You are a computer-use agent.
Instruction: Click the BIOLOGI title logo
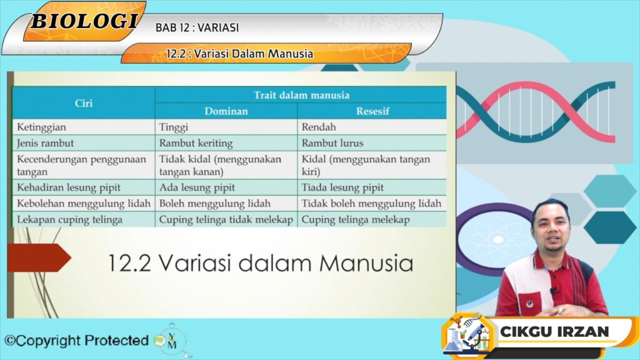[x=84, y=21]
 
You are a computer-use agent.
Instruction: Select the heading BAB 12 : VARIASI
[x=197, y=27]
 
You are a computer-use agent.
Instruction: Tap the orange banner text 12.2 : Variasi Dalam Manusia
[x=239, y=54]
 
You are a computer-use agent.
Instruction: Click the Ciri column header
[x=84, y=103]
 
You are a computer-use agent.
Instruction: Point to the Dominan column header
[x=226, y=111]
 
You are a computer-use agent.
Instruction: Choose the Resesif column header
[x=372, y=111]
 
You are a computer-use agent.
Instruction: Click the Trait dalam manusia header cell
[x=301, y=95]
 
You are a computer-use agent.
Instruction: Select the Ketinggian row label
[x=41, y=127]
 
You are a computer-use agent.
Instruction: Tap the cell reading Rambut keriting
[x=196, y=143]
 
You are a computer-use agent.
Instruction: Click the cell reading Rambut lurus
[x=332, y=143]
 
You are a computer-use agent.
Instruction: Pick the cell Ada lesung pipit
[x=197, y=187]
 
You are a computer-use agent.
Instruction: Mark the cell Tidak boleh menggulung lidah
[x=371, y=204]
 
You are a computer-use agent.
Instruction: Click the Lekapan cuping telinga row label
[x=69, y=220]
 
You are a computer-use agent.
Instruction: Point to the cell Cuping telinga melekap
[x=356, y=220]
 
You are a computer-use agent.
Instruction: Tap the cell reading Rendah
[x=319, y=127]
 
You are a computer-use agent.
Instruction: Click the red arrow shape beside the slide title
[x=39, y=257]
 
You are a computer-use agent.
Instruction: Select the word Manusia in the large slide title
[x=366, y=263]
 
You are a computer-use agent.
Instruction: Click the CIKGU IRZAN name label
[x=554, y=331]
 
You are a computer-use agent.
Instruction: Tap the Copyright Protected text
[x=76, y=341]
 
